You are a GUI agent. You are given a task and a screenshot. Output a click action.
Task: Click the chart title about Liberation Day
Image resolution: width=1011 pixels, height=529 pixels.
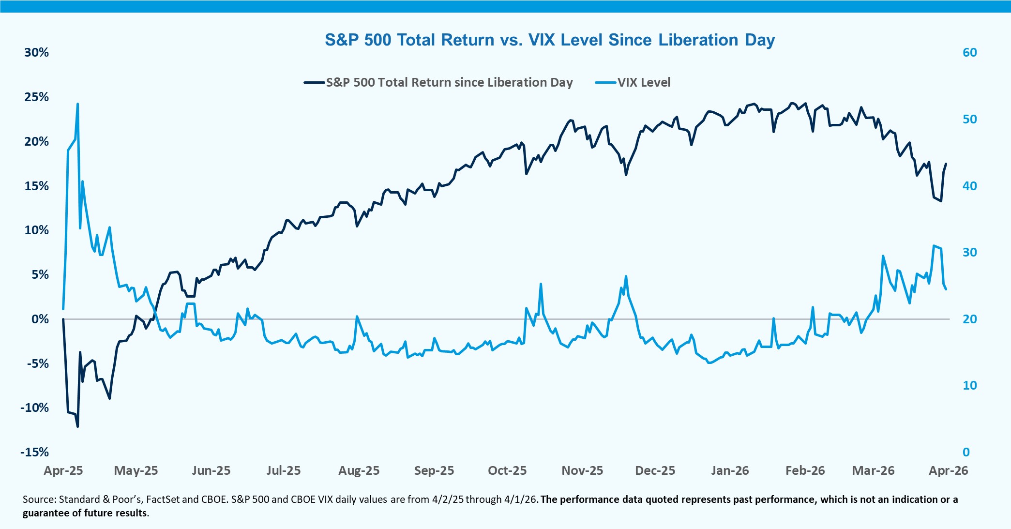(x=549, y=40)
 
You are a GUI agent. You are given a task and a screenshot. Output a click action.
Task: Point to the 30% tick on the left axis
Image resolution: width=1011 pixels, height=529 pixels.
(x=37, y=52)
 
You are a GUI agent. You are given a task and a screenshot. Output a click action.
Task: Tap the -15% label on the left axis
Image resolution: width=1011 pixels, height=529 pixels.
(x=35, y=452)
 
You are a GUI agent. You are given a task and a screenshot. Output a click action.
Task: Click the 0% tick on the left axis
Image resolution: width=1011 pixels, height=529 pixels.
(x=40, y=319)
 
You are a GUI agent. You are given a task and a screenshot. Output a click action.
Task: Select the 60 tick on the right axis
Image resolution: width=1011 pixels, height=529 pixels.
(x=969, y=52)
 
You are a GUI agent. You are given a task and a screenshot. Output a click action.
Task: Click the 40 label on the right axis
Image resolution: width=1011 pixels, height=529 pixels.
(x=969, y=186)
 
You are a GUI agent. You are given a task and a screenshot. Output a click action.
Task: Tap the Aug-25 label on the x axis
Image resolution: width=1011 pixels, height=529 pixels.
(x=359, y=470)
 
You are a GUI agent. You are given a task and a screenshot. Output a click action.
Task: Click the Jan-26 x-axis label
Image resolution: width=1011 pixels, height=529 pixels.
(x=730, y=470)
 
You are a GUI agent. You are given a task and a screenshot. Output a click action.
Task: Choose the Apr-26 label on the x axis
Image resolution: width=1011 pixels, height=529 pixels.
(x=948, y=470)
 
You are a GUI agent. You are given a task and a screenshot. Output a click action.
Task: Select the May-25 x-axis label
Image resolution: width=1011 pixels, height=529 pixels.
(x=136, y=470)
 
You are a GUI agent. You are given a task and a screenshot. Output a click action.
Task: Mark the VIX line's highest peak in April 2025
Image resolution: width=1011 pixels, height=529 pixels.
(x=77, y=104)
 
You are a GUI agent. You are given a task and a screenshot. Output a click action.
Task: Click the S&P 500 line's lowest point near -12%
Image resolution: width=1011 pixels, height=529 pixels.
(x=77, y=426)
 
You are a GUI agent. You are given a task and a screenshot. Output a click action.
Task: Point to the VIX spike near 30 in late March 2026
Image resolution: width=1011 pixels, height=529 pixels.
(x=934, y=246)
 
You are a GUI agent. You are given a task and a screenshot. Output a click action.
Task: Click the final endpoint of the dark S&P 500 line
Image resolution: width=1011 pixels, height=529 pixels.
(x=946, y=164)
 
